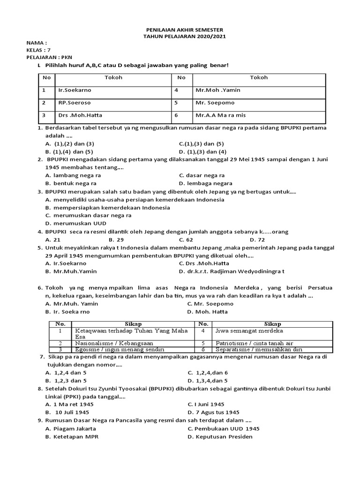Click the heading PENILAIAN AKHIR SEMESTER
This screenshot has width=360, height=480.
point(180,30)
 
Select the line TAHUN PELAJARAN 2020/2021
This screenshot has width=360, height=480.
point(180,36)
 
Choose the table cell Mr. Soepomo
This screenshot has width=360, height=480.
point(215,103)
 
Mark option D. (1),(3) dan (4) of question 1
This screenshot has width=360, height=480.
point(202,151)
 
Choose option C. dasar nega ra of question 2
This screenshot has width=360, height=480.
point(202,175)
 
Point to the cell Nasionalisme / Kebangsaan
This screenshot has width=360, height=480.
point(105,343)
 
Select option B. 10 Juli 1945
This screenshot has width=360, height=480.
point(67,412)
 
